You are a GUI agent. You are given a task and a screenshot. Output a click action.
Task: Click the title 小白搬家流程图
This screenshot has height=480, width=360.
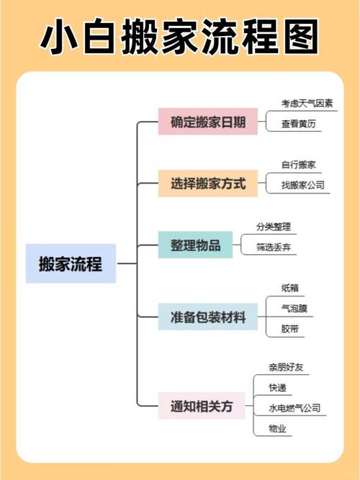click(x=180, y=37)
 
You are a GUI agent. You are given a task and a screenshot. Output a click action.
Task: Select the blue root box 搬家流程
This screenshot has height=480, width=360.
click(x=71, y=263)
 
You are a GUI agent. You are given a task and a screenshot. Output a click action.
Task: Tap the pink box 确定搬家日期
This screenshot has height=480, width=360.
click(x=208, y=122)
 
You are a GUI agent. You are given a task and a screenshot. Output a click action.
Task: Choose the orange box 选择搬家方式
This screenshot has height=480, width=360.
click(x=208, y=183)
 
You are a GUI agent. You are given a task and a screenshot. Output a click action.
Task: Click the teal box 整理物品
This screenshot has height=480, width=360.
click(x=195, y=245)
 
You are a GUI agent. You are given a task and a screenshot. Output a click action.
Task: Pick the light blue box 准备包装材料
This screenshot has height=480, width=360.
click(x=208, y=317)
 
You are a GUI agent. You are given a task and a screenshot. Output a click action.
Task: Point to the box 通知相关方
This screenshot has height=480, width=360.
click(x=202, y=406)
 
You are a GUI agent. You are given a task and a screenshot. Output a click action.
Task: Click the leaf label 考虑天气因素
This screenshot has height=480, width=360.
click(x=307, y=104)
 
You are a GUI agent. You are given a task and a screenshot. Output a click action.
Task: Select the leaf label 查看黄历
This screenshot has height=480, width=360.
click(x=298, y=124)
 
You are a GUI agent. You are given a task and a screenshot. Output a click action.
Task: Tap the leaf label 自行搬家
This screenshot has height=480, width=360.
click(x=298, y=165)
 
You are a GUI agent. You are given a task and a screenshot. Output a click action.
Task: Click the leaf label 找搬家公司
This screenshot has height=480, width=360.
click(x=302, y=185)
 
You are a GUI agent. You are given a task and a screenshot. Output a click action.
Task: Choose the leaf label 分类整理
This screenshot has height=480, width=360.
click(x=274, y=227)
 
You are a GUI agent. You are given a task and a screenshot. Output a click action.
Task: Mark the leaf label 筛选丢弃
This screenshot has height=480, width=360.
click(x=274, y=247)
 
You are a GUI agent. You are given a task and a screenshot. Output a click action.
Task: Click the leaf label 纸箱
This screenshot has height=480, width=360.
click(x=290, y=288)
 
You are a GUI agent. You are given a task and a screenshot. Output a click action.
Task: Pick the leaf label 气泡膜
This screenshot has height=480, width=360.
click(x=294, y=308)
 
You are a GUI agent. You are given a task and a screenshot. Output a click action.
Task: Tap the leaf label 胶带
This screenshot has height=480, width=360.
click(x=290, y=329)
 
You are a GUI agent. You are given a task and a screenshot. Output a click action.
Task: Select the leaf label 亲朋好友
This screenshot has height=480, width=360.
click(x=286, y=367)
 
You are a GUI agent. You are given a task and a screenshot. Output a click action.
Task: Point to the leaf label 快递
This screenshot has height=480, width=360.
click(x=277, y=388)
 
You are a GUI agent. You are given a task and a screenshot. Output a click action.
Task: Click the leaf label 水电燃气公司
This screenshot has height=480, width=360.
click(x=294, y=408)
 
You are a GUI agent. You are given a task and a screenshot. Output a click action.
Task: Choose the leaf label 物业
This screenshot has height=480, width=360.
click(x=277, y=428)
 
